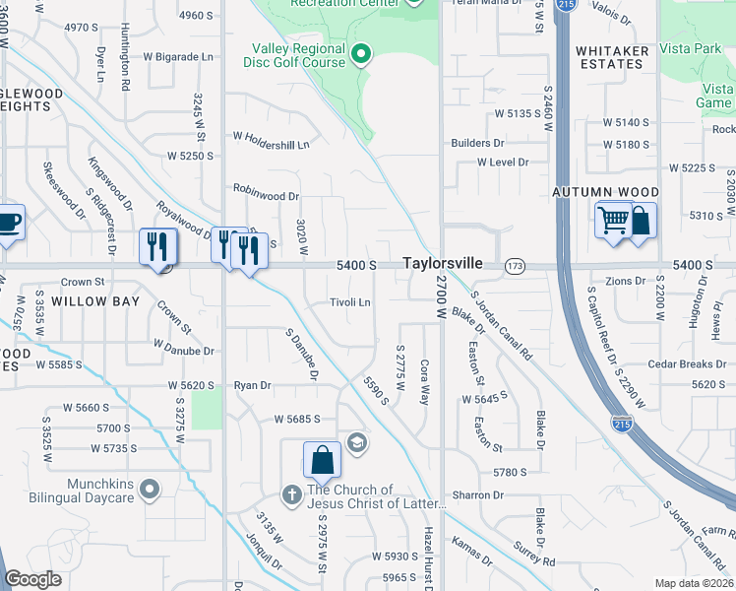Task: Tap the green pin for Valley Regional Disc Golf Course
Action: (x=360, y=53)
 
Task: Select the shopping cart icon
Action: (x=611, y=220)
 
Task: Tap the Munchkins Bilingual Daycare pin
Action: (x=150, y=488)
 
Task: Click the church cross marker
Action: (x=291, y=494)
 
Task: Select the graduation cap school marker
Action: (x=355, y=442)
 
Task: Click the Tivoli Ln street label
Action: (x=350, y=302)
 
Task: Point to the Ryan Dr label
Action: (x=252, y=386)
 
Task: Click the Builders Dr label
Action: (x=477, y=143)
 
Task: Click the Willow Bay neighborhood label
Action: (x=95, y=301)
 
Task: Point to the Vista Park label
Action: (x=693, y=48)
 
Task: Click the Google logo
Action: (x=33, y=579)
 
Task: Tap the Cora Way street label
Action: (x=425, y=381)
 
